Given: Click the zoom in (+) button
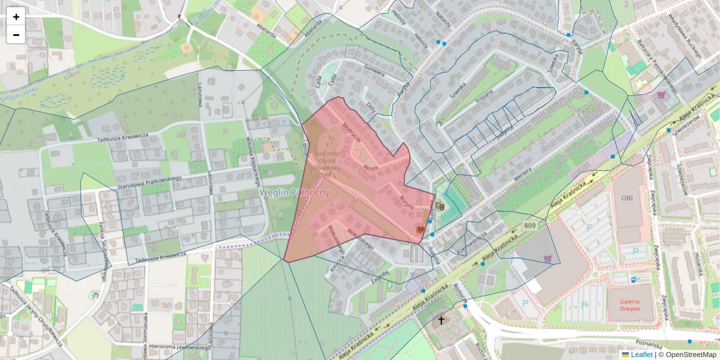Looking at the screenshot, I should pos(16,16).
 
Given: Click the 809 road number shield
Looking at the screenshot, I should pos(529,226).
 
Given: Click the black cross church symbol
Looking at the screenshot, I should pos(441,320).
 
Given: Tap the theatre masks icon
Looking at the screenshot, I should pos(440,206).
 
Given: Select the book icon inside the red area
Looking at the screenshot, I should pos(420,230).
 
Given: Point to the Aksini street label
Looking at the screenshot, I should pos(371,167).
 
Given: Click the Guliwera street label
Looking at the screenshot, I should pos(373,73).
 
